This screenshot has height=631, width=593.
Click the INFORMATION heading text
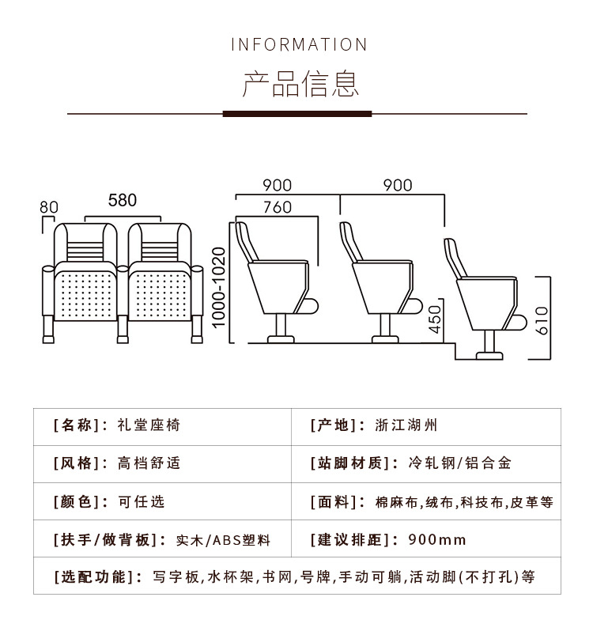(x=299, y=44)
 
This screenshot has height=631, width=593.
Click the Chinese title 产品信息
(x=299, y=84)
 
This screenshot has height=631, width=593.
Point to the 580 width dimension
(x=123, y=200)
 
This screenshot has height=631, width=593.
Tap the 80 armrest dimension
(x=49, y=207)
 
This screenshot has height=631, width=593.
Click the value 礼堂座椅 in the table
(x=149, y=425)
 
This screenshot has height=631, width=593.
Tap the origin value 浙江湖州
(x=406, y=425)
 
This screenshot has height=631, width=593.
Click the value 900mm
(x=437, y=540)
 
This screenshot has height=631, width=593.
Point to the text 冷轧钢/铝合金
(x=460, y=463)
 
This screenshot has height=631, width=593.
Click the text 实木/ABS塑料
(x=223, y=540)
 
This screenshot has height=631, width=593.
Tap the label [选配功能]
(x=96, y=576)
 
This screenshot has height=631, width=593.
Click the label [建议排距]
(x=353, y=540)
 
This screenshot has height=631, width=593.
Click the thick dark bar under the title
(x=297, y=114)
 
